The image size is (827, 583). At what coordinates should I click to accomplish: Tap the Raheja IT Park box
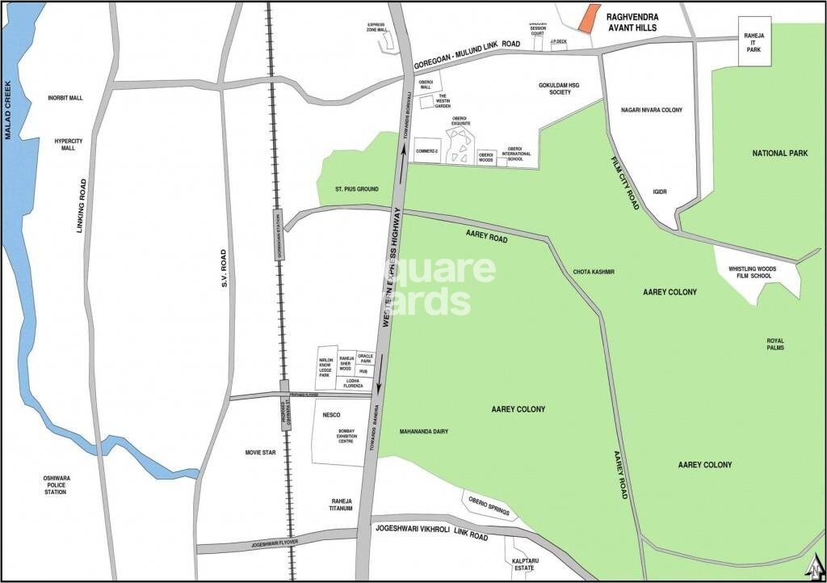tap(754, 44)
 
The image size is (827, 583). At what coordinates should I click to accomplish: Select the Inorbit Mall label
tap(65, 98)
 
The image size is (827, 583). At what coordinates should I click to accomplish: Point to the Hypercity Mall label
tap(69, 145)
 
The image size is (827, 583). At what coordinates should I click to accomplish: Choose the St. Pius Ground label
tap(357, 190)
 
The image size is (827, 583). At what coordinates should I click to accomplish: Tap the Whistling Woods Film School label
tap(750, 272)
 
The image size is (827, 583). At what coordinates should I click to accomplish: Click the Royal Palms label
tap(775, 344)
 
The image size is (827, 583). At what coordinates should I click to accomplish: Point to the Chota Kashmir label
tap(594, 272)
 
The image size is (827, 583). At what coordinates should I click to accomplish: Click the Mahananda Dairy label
tap(423, 432)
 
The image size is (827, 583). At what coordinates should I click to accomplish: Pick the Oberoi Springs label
tap(491, 501)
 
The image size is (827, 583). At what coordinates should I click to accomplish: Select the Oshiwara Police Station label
tap(56, 485)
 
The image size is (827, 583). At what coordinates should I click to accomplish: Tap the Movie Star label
tap(261, 453)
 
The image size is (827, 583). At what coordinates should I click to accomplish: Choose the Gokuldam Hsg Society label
tap(554, 88)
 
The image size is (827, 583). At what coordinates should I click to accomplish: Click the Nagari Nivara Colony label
tap(651, 109)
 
